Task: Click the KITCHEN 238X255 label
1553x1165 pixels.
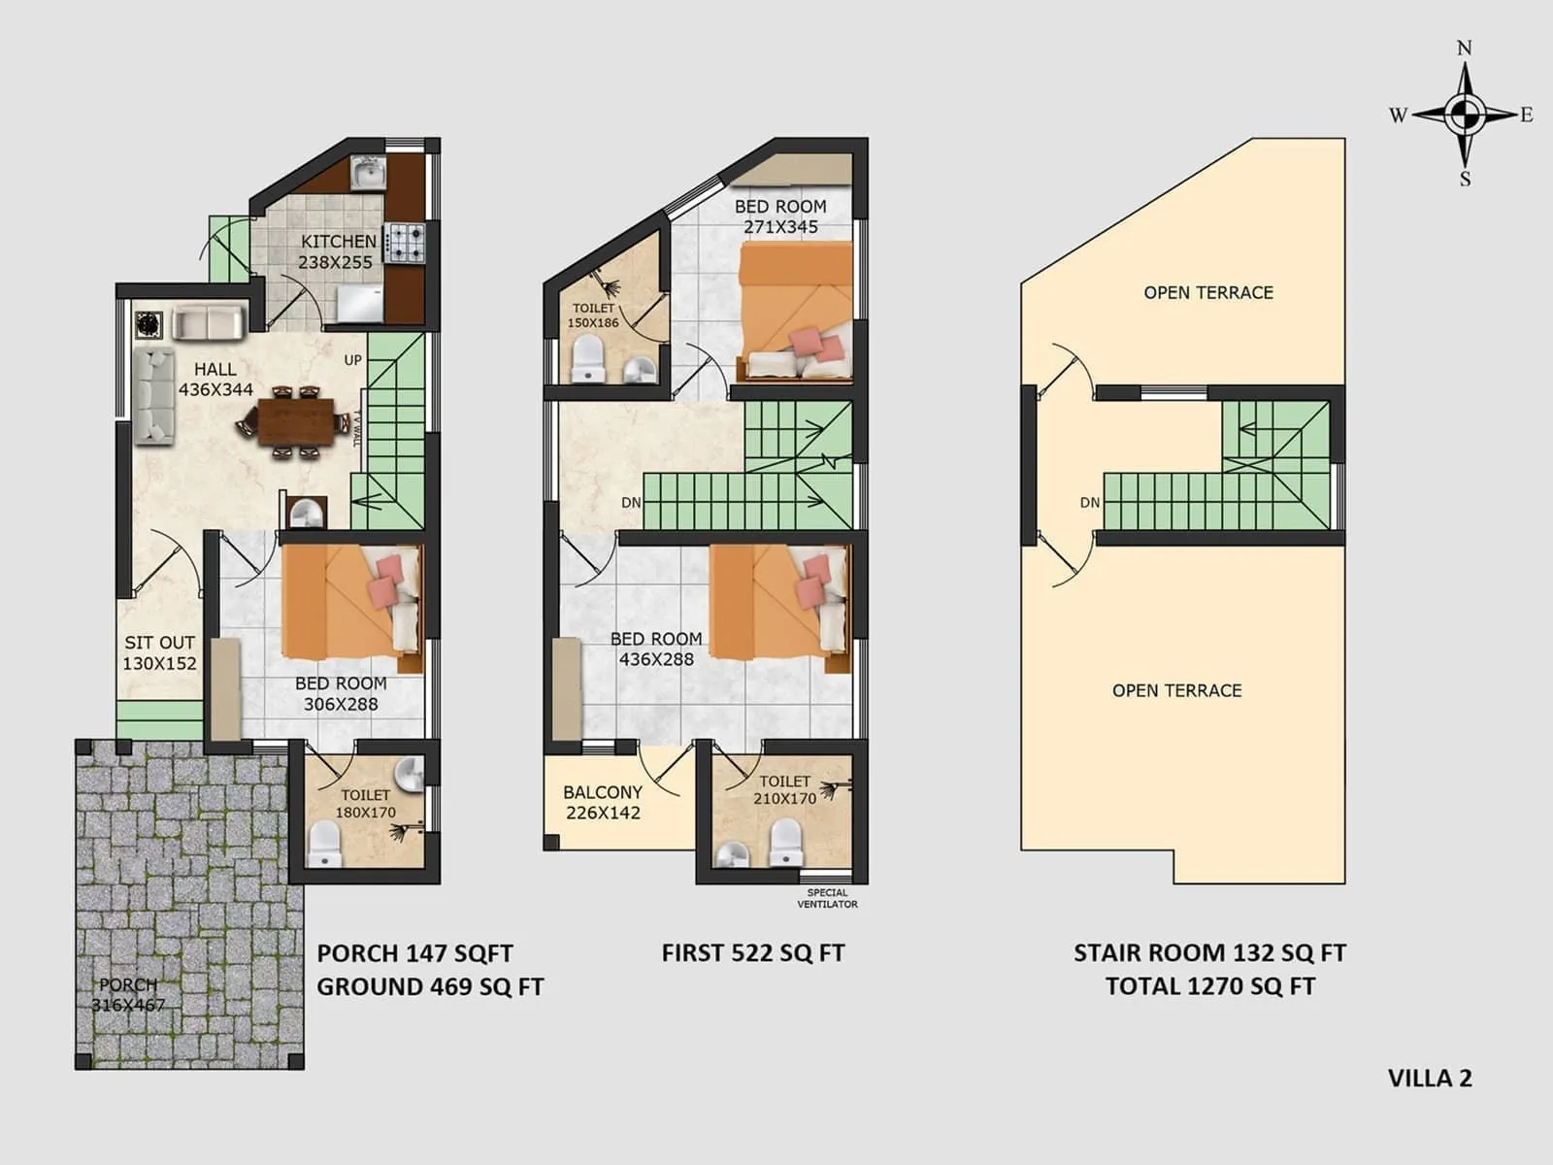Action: pos(337,251)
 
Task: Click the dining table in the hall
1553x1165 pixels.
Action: pos(295,421)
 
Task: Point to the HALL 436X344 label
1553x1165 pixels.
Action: pos(215,380)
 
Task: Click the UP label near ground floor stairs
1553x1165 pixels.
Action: pos(352,360)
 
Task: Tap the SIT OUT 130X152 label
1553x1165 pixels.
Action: pos(159,653)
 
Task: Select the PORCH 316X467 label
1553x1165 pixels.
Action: pos(128,995)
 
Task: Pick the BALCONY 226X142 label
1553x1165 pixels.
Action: pos(603,803)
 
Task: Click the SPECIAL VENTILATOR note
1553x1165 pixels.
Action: pos(827,898)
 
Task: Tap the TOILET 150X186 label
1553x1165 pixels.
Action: pos(593,316)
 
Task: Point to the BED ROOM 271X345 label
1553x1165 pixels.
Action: pos(780,216)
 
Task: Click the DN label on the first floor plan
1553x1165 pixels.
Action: pos(631,503)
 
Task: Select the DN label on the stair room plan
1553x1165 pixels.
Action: pos(1089,503)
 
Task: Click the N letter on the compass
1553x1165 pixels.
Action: pos(1465,49)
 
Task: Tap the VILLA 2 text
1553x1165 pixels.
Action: pos(1429,1079)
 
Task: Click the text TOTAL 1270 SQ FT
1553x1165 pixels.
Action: pos(1209,986)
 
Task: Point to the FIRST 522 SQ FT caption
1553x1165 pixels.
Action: pos(752,953)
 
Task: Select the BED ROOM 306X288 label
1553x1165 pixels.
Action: pos(341,694)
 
